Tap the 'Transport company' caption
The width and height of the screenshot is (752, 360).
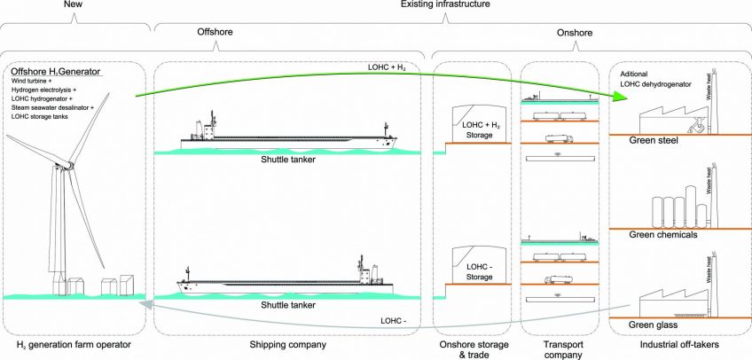click(557, 349)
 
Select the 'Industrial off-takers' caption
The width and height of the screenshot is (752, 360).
click(678, 344)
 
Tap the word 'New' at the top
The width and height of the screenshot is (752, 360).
click(75, 6)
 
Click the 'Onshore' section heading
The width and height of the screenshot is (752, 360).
click(575, 33)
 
